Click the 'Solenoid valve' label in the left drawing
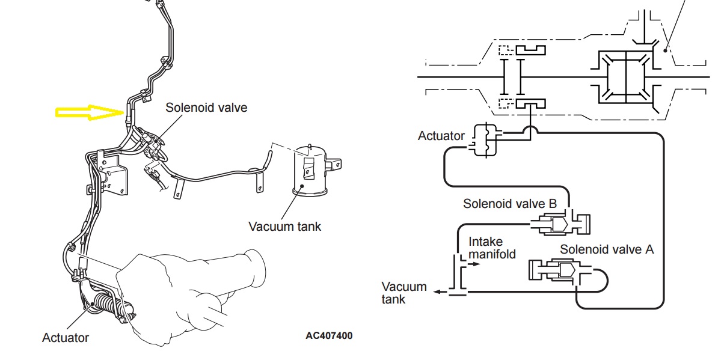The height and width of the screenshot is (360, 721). click(x=206, y=107)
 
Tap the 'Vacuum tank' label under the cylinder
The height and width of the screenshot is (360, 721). click(x=284, y=226)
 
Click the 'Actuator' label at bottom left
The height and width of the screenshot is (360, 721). click(x=66, y=338)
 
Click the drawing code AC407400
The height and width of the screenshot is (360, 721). click(x=330, y=335)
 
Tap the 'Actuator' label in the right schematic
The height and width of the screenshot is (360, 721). click(x=441, y=136)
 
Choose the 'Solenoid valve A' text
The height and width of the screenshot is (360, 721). click(x=607, y=249)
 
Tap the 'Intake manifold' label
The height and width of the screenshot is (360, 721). click(x=492, y=248)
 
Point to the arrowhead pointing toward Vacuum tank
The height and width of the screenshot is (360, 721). click(x=438, y=291)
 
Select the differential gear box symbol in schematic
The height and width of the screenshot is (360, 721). click(x=626, y=77)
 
